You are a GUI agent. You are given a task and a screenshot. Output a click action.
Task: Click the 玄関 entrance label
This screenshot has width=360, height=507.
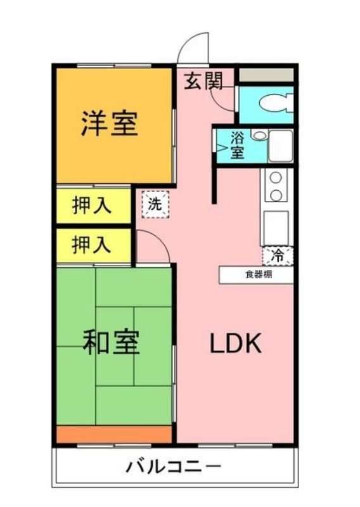pos(203,81)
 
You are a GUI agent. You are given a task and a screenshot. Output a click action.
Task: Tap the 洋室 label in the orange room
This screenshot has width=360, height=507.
pos(109,123)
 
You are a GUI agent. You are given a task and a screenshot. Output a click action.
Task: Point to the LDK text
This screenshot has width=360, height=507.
pos(236,344)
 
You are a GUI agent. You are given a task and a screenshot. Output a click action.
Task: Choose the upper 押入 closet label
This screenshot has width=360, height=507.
pos(93,206)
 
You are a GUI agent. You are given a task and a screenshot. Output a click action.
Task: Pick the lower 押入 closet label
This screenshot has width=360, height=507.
pos(93,245)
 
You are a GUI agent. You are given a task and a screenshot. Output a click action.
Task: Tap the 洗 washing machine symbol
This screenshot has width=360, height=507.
pos(155,205)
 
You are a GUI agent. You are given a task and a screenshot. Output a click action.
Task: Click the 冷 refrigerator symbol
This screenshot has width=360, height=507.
pos(278,256)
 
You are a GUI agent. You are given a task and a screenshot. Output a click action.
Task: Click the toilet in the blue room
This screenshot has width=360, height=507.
pos(276,103)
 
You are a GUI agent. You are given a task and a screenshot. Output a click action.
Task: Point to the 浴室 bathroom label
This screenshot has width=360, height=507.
pos(237,144)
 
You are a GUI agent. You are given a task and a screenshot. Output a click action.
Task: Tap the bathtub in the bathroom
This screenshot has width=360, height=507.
pos(280,146)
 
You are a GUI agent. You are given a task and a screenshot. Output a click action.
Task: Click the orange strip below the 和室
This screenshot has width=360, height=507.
pos(114,435)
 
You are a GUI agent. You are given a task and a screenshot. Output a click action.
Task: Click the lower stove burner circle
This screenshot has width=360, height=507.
pos(276,194)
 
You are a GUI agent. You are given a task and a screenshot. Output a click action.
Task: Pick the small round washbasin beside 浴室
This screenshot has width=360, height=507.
pos(257,135)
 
